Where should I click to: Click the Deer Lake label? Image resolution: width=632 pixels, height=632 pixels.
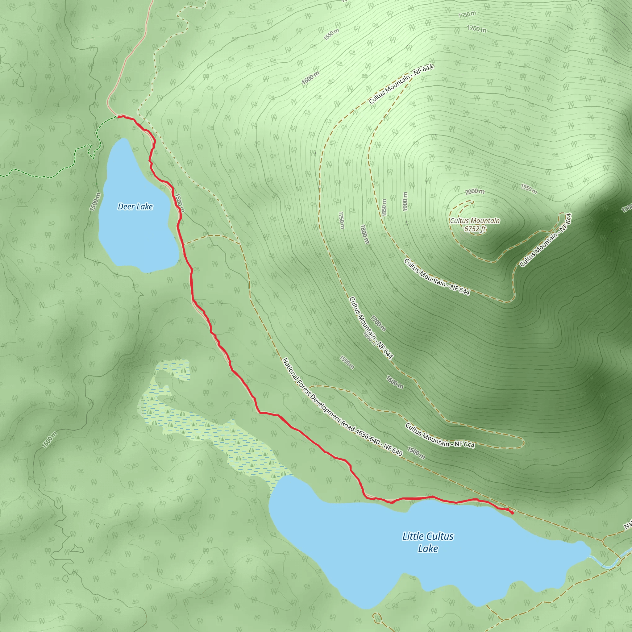point(135,206)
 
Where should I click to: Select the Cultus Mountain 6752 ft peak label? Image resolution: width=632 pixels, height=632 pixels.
point(475,225)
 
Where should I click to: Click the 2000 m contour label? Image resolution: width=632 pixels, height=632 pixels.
point(475,191)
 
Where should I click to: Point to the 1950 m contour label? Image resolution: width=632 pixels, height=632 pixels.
point(529,189)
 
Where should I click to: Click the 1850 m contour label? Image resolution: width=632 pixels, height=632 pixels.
point(384,207)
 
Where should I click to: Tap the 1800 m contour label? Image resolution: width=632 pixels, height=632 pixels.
point(364,234)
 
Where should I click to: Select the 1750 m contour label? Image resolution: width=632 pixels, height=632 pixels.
point(341,220)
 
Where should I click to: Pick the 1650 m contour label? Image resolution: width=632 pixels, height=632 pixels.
point(467,15)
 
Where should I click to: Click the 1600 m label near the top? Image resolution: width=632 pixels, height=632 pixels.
point(310,78)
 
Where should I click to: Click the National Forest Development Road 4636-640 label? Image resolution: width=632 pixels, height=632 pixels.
point(342,407)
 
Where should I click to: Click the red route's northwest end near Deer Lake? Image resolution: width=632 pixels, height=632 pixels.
point(118,116)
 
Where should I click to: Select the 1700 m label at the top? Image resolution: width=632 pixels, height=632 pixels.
point(476,29)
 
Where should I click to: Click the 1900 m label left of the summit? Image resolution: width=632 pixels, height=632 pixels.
point(405,202)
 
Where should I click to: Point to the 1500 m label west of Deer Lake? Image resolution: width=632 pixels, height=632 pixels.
point(95,202)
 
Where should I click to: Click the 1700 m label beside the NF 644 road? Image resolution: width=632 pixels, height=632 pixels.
point(378,323)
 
